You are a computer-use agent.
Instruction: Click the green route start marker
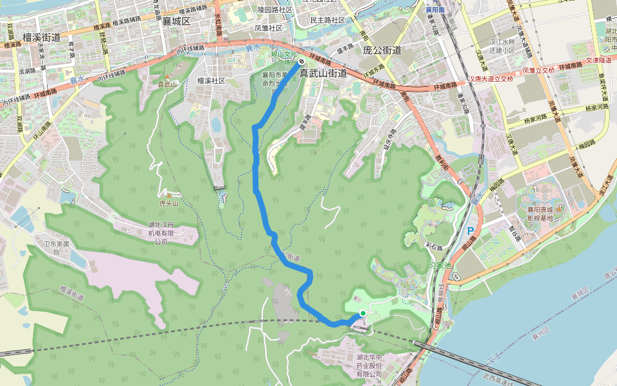tap(362, 313)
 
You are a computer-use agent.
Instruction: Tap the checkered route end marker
tap(301, 61)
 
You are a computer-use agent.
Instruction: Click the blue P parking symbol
tap(470, 230)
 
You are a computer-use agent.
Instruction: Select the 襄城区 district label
tap(177, 21)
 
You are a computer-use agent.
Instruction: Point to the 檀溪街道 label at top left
tap(41, 37)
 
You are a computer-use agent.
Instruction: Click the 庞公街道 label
tap(382, 50)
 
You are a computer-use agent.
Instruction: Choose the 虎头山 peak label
tap(168, 203)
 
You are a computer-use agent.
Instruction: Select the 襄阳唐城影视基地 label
tap(541, 214)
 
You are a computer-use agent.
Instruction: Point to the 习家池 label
tap(441, 264)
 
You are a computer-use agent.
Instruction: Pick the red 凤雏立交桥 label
tap(538, 70)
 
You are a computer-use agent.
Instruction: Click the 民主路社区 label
tap(328, 20)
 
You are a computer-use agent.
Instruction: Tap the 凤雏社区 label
tap(269, 28)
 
